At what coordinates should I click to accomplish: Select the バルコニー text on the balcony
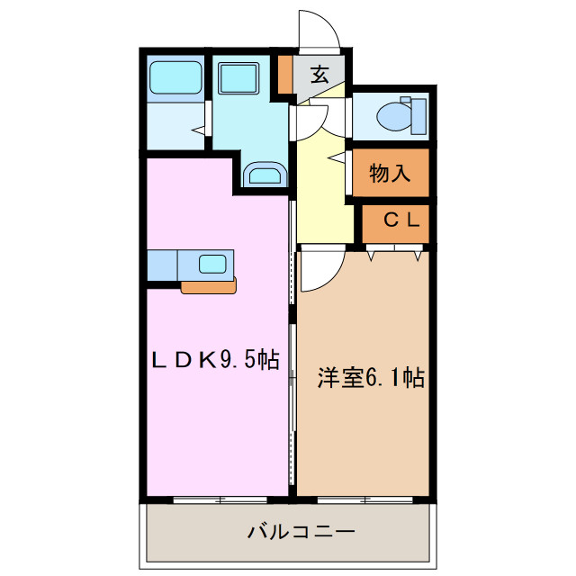301,532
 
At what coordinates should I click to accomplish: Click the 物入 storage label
390,174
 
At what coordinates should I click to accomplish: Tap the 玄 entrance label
319,76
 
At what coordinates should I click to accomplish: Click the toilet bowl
396,116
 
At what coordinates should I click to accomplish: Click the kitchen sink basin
213,264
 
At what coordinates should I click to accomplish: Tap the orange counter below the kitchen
209,286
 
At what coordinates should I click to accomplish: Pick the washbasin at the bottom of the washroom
265,174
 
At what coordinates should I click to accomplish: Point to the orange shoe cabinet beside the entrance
285,76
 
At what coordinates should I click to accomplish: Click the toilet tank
417,115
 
